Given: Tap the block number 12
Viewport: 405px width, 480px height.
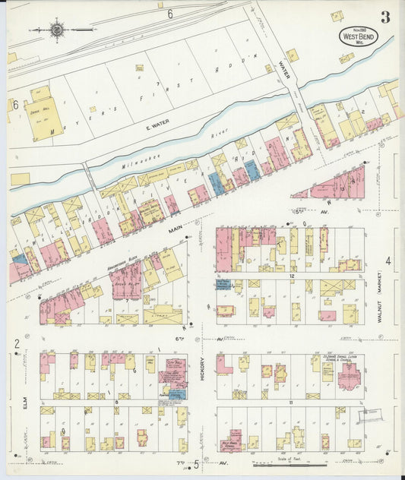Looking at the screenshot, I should point(291,276).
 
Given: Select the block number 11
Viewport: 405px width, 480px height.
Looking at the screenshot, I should point(291,400).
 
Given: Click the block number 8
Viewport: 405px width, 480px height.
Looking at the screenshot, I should point(116,401).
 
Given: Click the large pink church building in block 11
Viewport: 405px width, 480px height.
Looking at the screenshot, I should point(350,377).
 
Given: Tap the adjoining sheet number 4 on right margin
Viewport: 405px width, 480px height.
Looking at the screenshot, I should point(388,261).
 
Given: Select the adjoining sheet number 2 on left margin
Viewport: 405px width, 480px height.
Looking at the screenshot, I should point(16,344).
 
